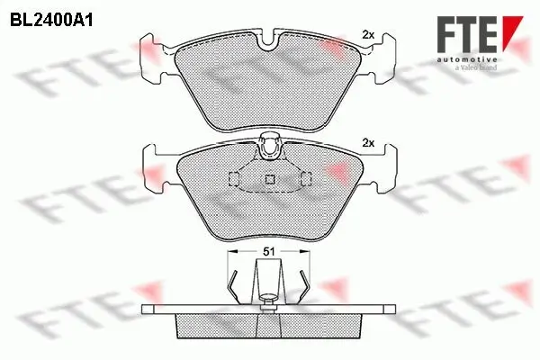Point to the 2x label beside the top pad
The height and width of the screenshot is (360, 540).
366,34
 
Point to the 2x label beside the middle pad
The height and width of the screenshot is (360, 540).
366,142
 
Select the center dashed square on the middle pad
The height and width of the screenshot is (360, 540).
268,179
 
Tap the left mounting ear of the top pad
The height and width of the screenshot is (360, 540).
155,56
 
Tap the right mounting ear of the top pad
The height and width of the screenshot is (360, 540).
382,56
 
